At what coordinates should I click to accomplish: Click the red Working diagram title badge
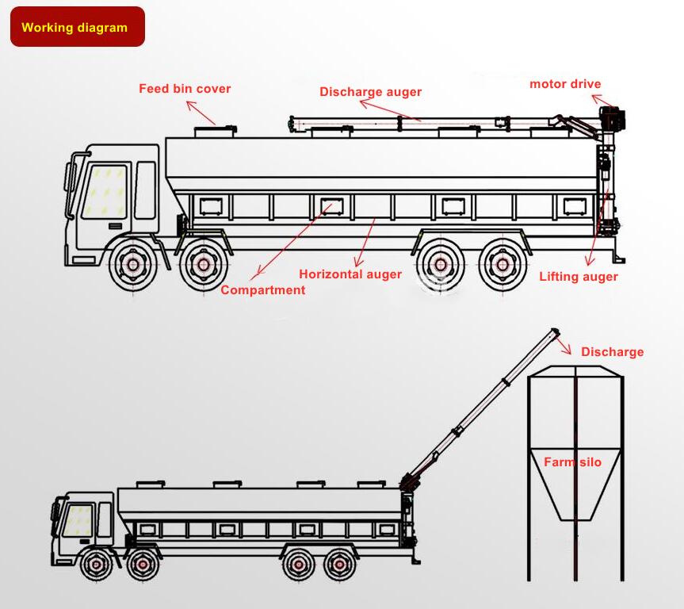pos(77,27)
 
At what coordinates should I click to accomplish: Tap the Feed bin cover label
pos(185,88)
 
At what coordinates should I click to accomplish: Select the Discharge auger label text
pos(370,91)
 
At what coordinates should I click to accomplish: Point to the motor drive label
pos(565,84)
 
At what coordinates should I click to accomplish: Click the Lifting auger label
pos(578,277)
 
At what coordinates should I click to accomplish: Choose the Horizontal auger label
pos(350,274)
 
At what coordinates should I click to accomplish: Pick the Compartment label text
pos(262,290)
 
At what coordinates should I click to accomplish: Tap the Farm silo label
pos(572,462)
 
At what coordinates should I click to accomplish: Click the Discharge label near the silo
pos(612,352)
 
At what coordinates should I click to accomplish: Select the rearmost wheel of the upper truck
pos(501,263)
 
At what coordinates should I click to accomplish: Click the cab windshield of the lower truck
pos(77,519)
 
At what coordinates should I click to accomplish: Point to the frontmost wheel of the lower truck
pos(97,564)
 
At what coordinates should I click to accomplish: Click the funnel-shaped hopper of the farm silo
pos(575,488)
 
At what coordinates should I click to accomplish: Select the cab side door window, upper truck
pos(146,190)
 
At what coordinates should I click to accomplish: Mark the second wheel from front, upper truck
pos(203,263)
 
